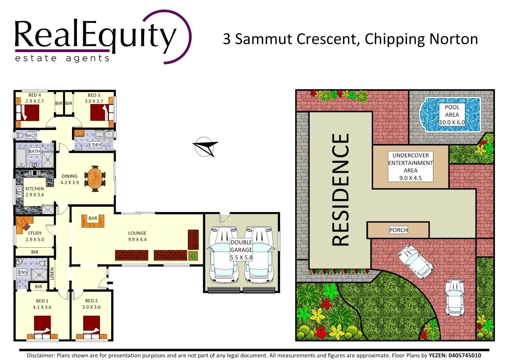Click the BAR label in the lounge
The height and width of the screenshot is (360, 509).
[93, 218]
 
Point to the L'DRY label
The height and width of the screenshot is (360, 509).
[95, 145]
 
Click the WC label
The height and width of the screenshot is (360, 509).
[30, 136]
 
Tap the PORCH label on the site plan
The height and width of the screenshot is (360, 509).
[398, 230]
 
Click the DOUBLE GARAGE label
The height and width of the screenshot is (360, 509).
[241, 250]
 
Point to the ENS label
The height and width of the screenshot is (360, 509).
[23, 272]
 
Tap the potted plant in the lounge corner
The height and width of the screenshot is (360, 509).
[193, 256]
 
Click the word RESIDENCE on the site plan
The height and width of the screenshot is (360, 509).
[341, 190]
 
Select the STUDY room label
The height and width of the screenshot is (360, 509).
[35, 233]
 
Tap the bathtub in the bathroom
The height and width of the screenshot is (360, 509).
[21, 158]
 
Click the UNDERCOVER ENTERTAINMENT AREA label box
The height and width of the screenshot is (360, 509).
[410, 166]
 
